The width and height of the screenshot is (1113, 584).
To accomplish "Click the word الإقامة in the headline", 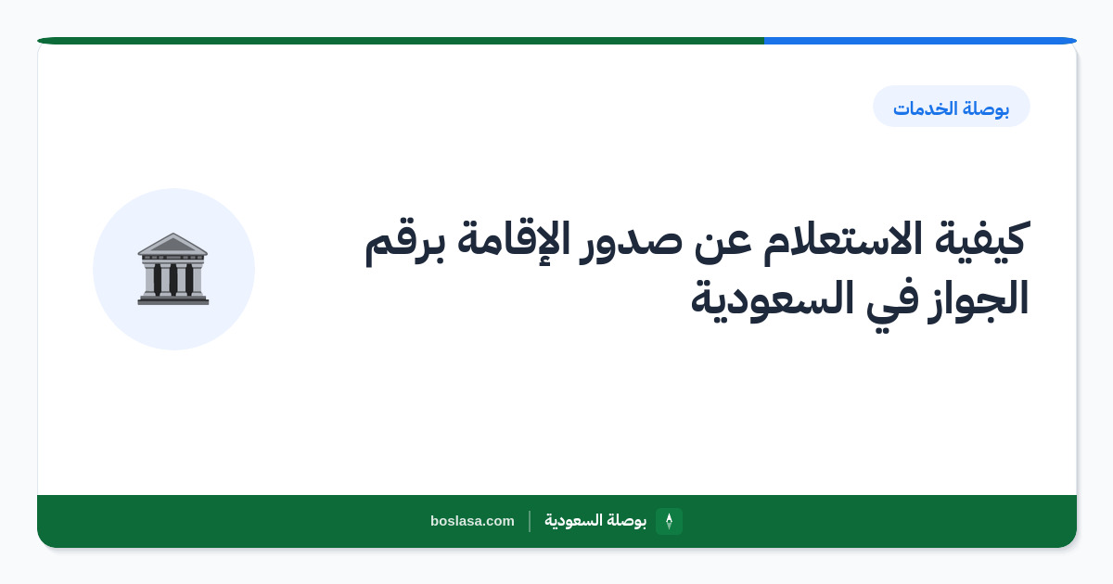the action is [513, 239].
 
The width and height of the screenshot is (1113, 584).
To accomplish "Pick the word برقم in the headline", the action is [405, 242].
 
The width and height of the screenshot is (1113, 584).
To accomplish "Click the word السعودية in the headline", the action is [772, 299].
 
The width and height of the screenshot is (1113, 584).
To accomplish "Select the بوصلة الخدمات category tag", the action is [952, 107].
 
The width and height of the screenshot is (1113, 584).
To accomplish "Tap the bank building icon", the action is [173, 269].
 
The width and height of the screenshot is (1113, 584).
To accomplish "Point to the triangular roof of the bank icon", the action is [173, 244].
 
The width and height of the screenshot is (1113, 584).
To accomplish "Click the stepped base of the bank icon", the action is [173, 298].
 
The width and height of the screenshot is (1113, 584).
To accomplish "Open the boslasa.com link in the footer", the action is [472, 521].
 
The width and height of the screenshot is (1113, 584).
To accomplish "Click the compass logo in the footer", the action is [669, 521].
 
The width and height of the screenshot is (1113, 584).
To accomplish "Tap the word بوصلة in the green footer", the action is [626, 521].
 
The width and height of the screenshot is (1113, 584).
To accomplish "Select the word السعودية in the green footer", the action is [573, 520].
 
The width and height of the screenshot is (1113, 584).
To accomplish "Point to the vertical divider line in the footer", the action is [530, 521].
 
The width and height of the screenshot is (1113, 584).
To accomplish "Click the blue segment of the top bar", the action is [920, 41].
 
